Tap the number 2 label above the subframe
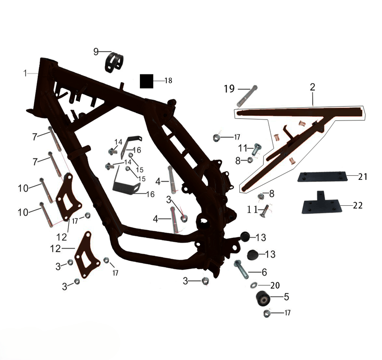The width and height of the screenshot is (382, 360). tap(313, 87)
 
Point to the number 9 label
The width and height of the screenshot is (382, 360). tap(96, 52)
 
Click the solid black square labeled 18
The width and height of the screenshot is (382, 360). tap(146, 81)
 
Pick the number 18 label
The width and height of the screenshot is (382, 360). tap(168, 81)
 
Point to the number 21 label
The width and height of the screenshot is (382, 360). tap(362, 177)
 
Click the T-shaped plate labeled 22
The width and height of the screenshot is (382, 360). tap(320, 204)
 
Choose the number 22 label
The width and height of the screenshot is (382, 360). tap(358, 206)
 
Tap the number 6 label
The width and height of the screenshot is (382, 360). tap(264, 272)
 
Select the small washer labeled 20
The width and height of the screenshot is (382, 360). tap(253, 285)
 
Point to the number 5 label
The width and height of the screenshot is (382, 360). tap(286, 297)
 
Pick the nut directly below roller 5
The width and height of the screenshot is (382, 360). tap(267, 313)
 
